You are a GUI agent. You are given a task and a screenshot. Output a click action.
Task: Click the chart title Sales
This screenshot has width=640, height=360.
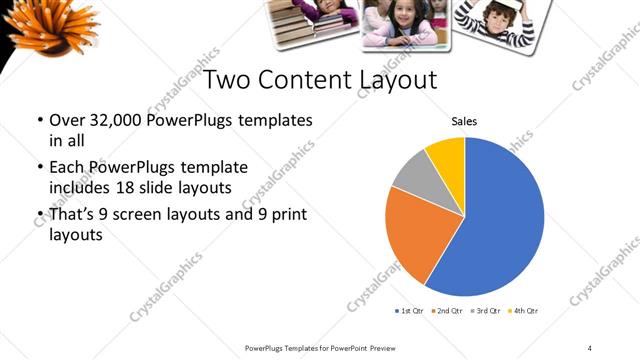(464, 121)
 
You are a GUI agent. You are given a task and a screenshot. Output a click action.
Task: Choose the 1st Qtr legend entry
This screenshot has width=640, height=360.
(410, 311)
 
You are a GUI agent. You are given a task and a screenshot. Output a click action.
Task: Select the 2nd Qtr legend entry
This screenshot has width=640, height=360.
(447, 311)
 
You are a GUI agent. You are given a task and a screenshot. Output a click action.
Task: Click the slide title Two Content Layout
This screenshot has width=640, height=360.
(320, 79)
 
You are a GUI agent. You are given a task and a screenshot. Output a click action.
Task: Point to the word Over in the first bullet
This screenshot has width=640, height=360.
(67, 121)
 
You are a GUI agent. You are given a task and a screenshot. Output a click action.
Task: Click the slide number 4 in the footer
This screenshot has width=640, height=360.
(589, 347)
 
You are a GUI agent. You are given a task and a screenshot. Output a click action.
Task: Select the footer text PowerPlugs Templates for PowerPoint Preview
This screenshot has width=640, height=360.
(320, 347)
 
